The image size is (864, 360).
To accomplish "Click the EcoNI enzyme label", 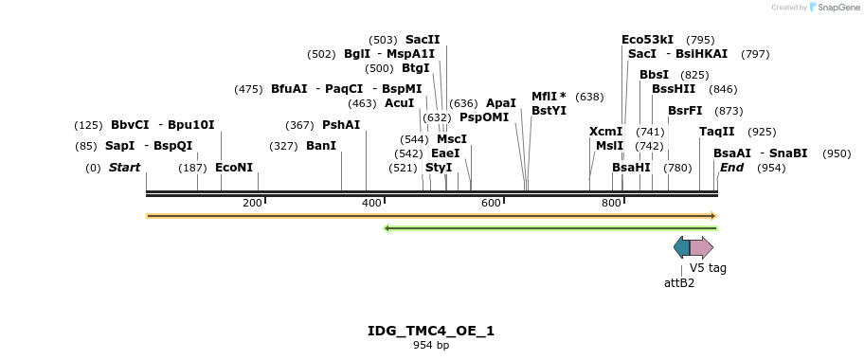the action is point(234,168).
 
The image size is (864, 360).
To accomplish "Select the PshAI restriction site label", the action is point(341,125).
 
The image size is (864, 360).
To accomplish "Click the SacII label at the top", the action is point(423,40).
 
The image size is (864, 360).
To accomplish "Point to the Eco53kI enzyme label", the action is point(647,40).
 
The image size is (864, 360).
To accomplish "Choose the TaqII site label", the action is point(716,132).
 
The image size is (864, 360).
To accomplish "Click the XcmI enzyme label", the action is point(605,132).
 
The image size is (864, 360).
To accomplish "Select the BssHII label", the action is point(673,89).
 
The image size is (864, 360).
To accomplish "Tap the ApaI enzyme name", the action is point(501,102).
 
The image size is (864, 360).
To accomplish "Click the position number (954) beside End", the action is point(771,168).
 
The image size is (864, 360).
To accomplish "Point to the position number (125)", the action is point(88,125).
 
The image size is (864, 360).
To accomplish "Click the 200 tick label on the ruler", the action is point(252,203).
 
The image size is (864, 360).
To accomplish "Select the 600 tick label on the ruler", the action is point(491,203).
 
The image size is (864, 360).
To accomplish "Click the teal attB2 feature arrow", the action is point(681,248).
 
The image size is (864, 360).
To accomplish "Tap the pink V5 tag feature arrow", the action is point(701,248).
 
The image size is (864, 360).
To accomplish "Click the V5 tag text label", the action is point(708,268).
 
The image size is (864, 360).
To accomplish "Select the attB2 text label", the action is point(679,282).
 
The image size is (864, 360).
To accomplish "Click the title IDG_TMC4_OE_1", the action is point(431,331).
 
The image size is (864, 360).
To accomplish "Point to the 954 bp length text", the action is point(431,346).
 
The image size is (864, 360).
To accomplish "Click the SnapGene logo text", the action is point(838,8).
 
